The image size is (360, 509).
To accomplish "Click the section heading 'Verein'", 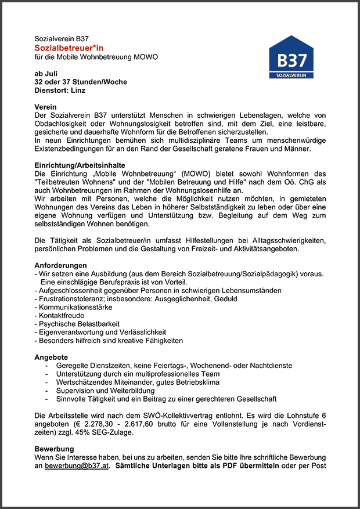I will coord(46,107).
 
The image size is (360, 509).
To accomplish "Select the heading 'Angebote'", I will coord(51,357).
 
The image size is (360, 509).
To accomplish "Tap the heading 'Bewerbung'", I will coord(54,449).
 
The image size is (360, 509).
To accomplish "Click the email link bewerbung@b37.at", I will coord(77,465).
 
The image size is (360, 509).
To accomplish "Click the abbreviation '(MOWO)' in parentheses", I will coord(195,174).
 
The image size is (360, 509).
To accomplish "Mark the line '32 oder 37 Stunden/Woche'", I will coord(81,82).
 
